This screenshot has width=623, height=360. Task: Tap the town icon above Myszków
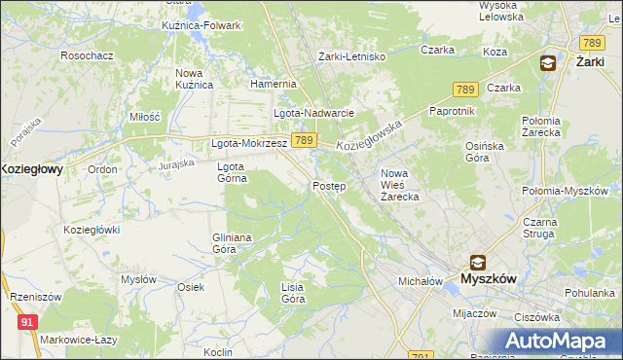click(478, 262)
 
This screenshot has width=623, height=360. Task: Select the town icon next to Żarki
click(548, 63)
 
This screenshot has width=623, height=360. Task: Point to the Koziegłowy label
click(31, 168)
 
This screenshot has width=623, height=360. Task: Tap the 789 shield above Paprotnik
click(463, 90)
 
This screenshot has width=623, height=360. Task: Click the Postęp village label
click(329, 186)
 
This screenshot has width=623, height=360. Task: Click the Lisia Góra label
click(293, 293)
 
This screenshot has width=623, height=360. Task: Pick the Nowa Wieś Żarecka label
click(399, 185)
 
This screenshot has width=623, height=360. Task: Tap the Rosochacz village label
click(87, 56)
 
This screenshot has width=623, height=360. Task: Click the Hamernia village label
click(273, 85)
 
